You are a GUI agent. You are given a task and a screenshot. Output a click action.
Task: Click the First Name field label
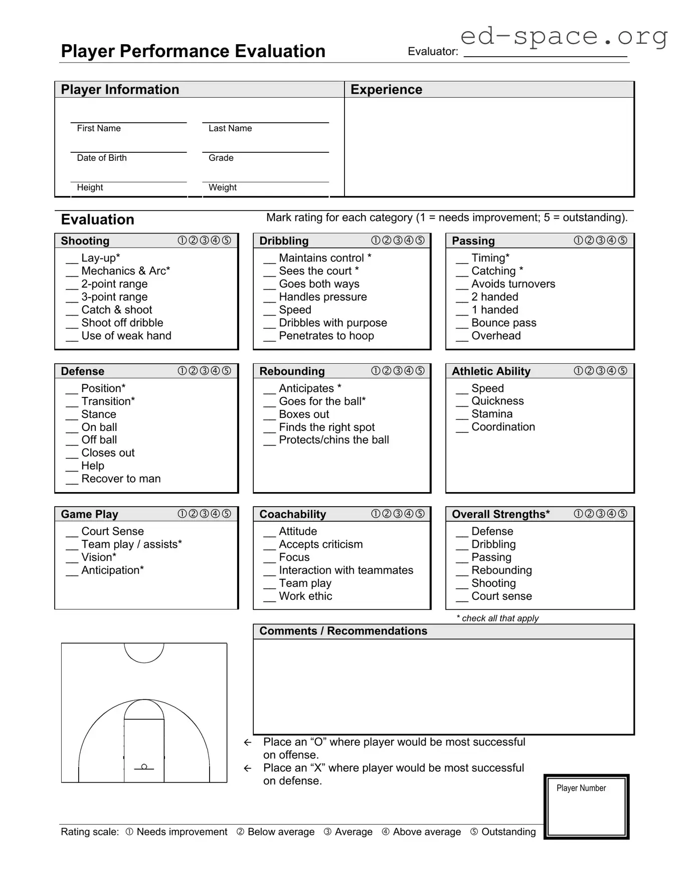point(99,128)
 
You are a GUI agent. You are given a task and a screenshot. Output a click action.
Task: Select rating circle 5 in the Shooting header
point(227,241)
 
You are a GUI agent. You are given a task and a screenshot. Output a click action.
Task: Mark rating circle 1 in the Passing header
point(578,241)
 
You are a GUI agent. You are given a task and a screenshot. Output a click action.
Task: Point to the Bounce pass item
point(503,323)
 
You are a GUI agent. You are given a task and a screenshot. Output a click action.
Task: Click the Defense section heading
point(83,371)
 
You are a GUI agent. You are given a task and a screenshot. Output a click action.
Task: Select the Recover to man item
point(121,479)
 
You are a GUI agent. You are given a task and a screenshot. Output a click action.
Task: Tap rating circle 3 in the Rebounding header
point(398,371)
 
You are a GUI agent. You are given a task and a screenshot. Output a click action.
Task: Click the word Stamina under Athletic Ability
point(492,414)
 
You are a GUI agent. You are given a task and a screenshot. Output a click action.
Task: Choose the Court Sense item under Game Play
point(112,531)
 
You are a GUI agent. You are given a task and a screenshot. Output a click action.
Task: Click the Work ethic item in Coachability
point(305,596)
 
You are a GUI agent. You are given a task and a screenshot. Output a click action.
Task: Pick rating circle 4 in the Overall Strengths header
point(611,514)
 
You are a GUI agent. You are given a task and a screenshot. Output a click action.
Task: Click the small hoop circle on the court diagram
point(144,767)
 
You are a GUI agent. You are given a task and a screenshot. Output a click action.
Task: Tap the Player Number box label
point(581,788)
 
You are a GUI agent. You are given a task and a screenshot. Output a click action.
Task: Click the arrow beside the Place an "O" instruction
point(247,743)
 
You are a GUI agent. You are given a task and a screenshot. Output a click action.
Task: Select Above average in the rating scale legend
point(426,832)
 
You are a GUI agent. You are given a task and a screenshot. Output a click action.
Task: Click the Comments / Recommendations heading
point(343,631)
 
